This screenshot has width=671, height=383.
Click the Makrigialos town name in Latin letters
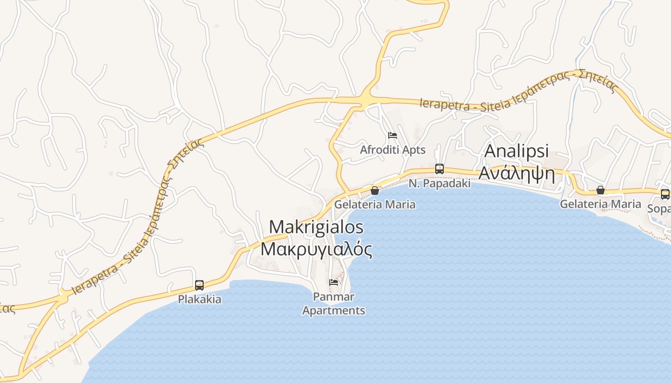pos(316,227)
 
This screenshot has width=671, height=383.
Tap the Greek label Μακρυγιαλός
pos(316,249)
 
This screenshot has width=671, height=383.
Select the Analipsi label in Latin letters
pos(517,151)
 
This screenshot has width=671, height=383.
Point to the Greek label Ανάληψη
pos(517,174)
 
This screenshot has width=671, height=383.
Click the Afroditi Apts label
pos(393,150)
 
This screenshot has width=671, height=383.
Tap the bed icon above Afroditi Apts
pos(393,135)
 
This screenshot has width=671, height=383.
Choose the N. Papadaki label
pos(440,183)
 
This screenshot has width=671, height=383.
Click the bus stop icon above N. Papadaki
pos(440,169)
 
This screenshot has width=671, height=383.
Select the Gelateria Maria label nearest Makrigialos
pos(375,204)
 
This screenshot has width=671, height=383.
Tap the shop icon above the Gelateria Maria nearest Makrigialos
pos(375,191)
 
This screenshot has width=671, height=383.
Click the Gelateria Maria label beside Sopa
pos(601,204)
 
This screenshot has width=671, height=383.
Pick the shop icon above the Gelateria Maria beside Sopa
pos(601,190)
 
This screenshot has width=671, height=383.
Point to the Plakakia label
pos(199,299)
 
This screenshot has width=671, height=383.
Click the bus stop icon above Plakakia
pos(199,285)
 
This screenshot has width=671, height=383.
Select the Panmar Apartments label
pos(334,304)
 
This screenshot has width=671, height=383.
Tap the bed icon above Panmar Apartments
pos(334,282)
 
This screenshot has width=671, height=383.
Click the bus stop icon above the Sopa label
pos(665,194)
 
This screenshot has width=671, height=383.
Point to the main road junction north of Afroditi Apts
pos(367,99)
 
